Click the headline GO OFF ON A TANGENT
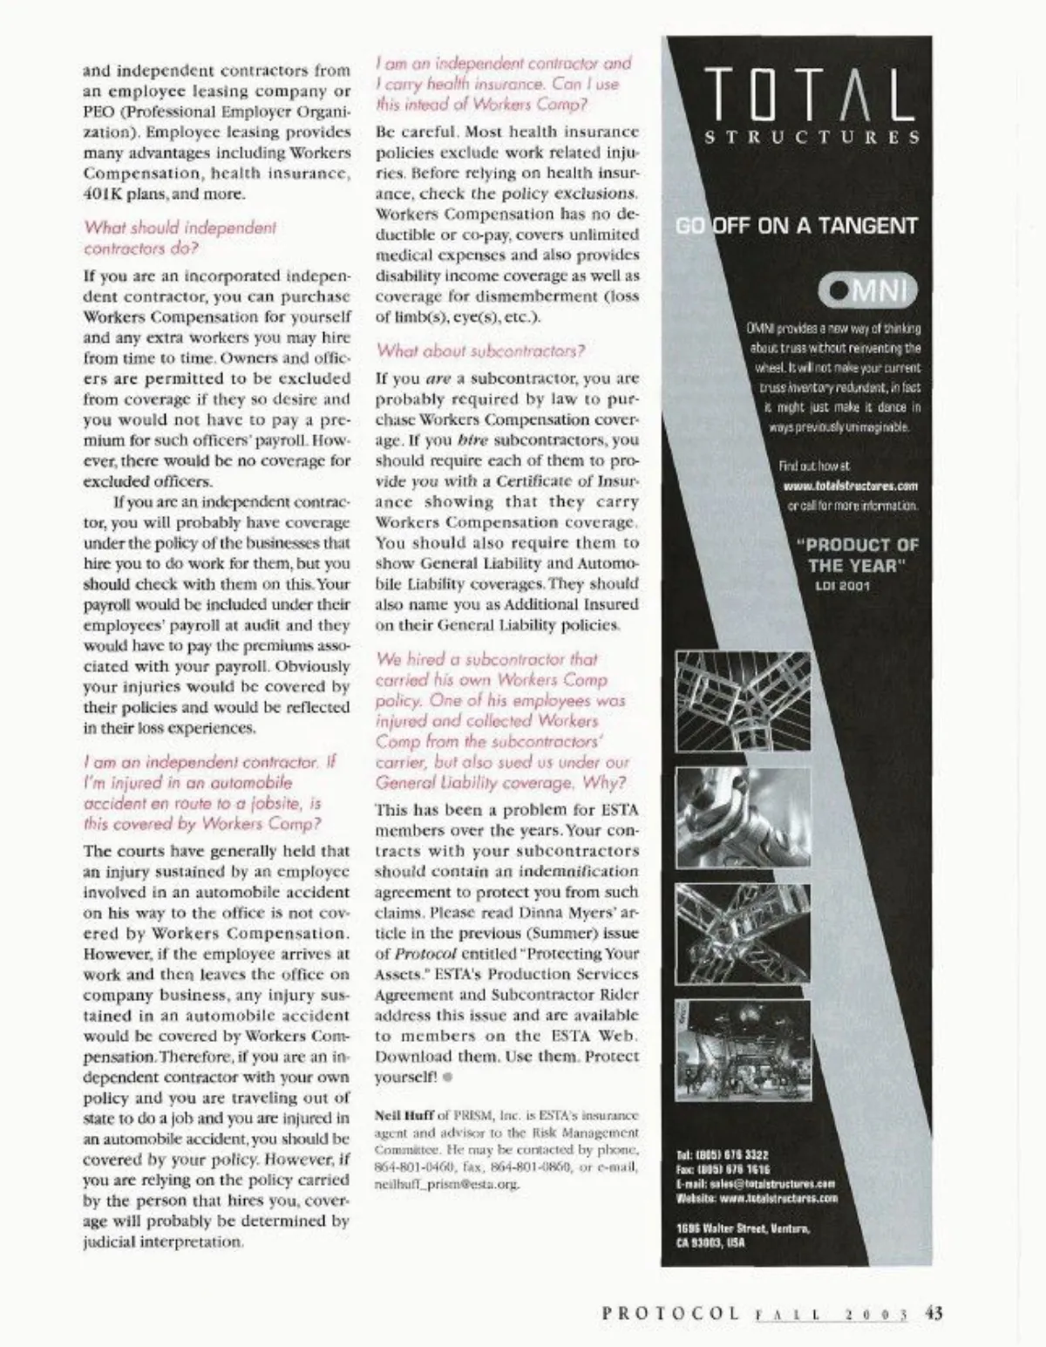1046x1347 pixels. (798, 226)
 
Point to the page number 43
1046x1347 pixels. (934, 1312)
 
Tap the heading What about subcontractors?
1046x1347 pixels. (480, 351)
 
